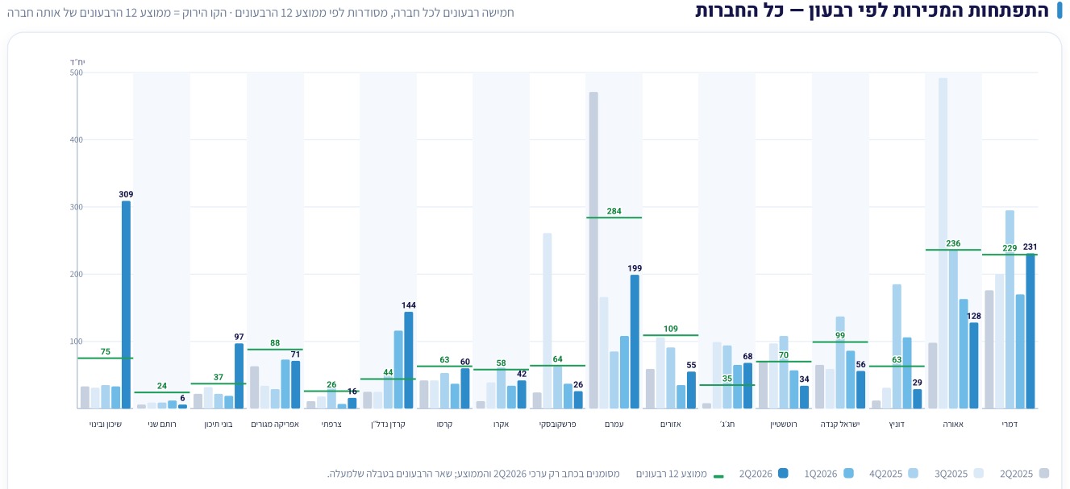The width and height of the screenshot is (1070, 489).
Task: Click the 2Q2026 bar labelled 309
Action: click(126, 305)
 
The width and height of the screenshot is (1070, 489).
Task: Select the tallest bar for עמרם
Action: click(593, 250)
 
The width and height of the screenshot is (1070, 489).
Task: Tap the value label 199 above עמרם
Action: click(635, 268)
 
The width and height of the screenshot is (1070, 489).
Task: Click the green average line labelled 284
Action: click(614, 218)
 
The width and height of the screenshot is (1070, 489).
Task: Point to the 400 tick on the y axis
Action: click(77, 140)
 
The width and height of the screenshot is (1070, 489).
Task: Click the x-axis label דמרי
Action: click(1010, 424)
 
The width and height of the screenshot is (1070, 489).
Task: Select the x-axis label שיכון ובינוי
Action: click(106, 424)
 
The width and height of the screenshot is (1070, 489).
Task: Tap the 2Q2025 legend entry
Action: click(1024, 474)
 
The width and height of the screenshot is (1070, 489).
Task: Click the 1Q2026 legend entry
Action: click(829, 474)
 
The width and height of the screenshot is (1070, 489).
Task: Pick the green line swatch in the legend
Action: click(718, 476)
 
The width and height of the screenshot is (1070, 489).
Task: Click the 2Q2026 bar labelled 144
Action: click(409, 360)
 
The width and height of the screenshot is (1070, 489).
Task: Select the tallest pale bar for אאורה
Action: click(943, 243)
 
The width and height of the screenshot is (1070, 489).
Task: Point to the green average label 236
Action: click(953, 243)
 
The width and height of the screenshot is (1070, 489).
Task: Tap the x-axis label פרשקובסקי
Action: click(557, 424)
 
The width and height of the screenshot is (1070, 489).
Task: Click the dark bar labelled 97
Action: click(239, 376)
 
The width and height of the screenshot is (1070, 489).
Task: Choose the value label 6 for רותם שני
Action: click(182, 398)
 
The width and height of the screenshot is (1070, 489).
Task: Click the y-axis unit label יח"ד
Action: click(77, 62)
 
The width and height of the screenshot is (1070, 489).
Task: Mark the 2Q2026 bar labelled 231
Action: click(1030, 331)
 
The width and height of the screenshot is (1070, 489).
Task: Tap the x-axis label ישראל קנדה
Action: click(839, 424)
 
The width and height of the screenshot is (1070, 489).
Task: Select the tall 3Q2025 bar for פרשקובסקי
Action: click(547, 321)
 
